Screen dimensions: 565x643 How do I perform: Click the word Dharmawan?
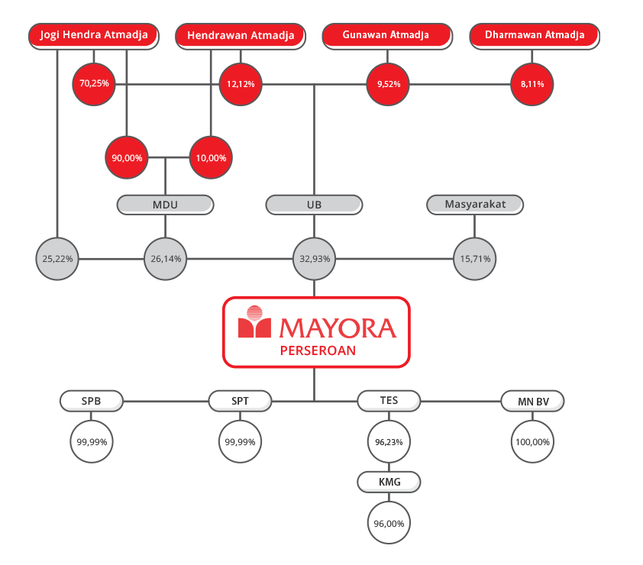point(513,35)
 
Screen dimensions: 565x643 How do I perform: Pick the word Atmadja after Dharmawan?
point(565,35)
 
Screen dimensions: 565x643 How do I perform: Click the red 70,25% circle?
point(93,84)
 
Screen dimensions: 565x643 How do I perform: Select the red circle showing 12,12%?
point(241,84)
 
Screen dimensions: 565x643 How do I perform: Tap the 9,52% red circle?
point(388,84)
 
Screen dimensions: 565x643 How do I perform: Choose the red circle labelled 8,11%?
point(532,84)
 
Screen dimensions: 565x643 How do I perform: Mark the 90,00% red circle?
point(127,158)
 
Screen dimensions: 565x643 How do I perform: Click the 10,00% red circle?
point(211,158)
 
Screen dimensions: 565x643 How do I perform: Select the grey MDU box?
point(165,205)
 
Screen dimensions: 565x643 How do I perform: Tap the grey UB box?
point(313,205)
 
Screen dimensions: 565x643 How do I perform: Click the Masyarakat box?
point(475,205)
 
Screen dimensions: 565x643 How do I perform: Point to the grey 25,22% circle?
point(57,259)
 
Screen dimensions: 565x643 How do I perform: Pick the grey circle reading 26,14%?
point(166,259)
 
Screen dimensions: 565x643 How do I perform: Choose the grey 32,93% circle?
point(314,259)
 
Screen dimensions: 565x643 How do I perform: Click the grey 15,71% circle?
point(474,259)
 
